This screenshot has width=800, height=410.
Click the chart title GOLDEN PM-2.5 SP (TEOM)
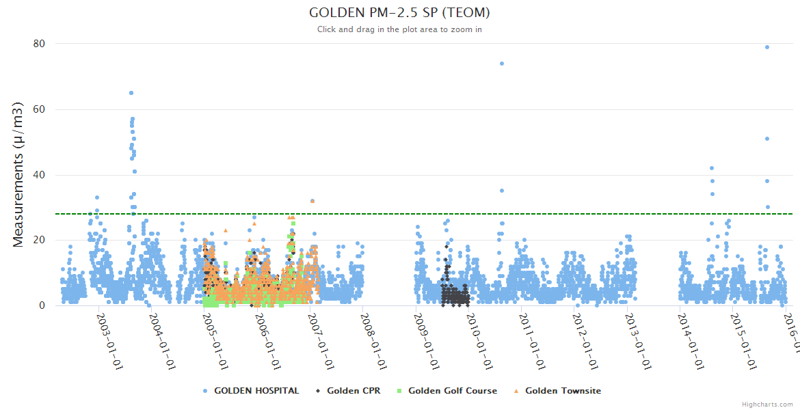(399, 13)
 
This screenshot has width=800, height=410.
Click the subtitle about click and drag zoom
(399, 29)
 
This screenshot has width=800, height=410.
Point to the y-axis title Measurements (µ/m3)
(19, 174)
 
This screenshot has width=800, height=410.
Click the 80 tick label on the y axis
(39, 44)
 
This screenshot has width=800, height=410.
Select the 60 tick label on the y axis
(39, 109)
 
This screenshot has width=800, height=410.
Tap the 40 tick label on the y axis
(39, 175)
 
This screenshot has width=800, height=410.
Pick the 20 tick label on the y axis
(39, 240)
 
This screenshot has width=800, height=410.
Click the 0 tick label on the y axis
(42, 305)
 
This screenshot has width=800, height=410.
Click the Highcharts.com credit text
(767, 405)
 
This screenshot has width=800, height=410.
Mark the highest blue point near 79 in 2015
(767, 47)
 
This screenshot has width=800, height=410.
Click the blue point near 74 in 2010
(502, 64)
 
